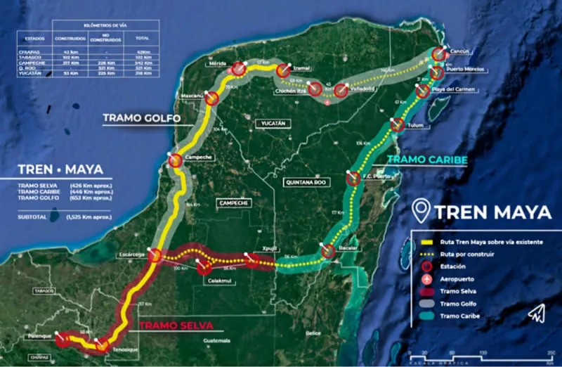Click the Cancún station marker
click(x=438, y=54)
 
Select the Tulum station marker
click(x=397, y=126)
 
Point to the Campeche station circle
click(x=175, y=161)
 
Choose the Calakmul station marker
click(x=204, y=268)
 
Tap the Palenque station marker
click(x=63, y=340)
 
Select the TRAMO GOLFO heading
click(x=141, y=118)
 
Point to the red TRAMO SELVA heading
click(x=176, y=326)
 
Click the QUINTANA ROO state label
click(x=306, y=182)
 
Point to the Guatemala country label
click(x=216, y=340)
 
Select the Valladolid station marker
click(x=341, y=91)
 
